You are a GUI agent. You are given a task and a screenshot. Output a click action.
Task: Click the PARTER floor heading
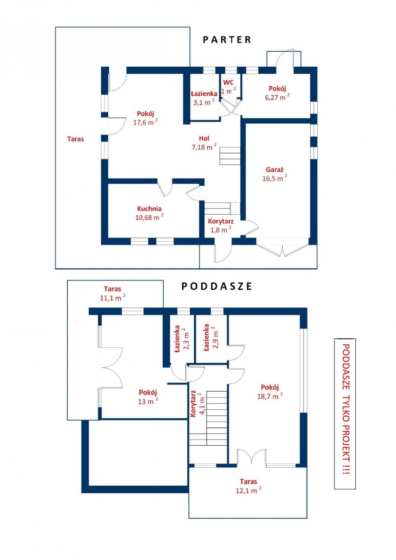point(227,40)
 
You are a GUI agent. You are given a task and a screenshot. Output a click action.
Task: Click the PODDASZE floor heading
point(216,286)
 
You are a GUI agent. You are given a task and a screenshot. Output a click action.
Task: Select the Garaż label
point(274,170)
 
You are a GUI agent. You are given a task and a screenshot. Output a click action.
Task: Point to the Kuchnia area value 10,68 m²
point(149,217)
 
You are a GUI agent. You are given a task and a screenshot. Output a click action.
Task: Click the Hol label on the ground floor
point(204,138)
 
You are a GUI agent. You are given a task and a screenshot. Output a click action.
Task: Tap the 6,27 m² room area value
point(278,97)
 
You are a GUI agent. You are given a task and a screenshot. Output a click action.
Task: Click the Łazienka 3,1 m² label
point(204,98)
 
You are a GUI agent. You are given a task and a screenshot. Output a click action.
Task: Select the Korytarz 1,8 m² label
point(221,225)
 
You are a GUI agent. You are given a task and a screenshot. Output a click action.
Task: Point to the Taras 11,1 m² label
point(113,293)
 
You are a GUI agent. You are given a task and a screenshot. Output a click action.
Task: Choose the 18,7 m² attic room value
point(270,396)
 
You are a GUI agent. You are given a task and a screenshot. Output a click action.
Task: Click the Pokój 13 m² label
point(148,397)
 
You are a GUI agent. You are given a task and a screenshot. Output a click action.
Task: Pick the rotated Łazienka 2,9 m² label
point(211,338)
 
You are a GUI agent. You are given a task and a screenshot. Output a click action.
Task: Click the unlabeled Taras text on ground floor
point(76,139)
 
